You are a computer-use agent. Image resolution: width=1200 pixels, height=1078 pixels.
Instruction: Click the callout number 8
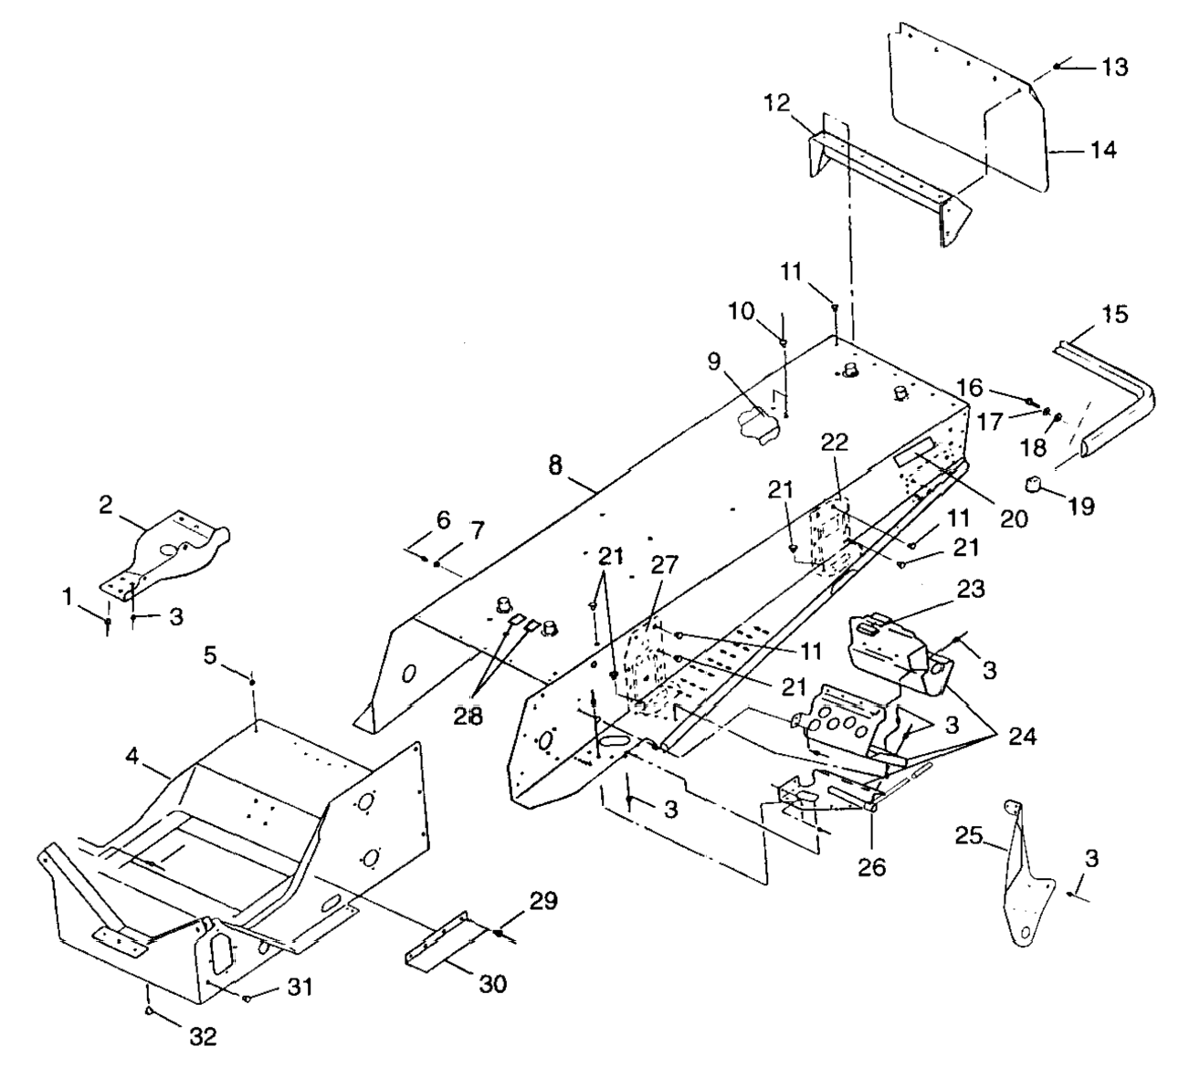pyautogui.click(x=555, y=464)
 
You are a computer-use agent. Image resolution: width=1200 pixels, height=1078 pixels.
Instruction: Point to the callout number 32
pyautogui.click(x=203, y=1038)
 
